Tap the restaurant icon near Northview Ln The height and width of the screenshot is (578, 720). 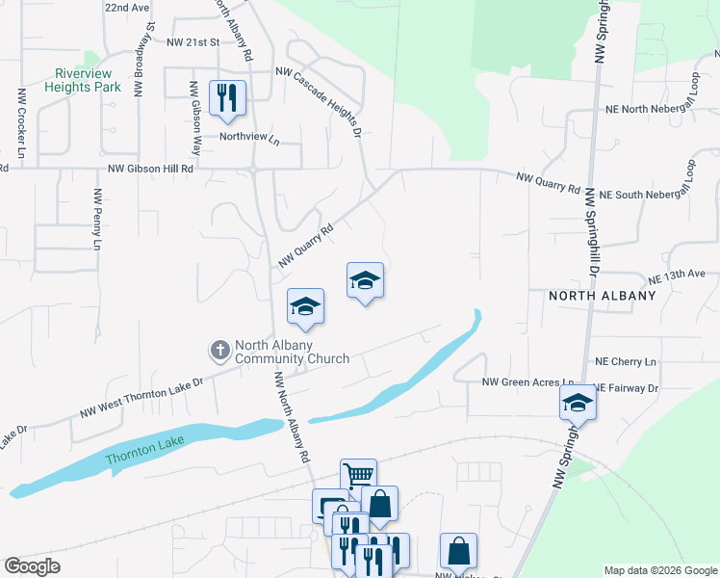pos(228,97)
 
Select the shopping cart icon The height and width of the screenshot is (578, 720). pos(358,474)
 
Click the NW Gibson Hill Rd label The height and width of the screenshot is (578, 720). pos(151,168)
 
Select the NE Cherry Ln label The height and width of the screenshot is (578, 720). pos(626,361)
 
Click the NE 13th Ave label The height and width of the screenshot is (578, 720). pos(678,276)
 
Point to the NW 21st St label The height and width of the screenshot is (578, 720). pos(193,43)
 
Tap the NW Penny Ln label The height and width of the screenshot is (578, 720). pos(97,220)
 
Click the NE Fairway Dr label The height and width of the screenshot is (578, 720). pos(627,388)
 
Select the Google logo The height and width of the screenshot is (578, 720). pos(32,566)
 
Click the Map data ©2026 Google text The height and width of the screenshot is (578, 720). pos(660,570)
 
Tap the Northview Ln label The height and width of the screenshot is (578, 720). pos(248,137)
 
